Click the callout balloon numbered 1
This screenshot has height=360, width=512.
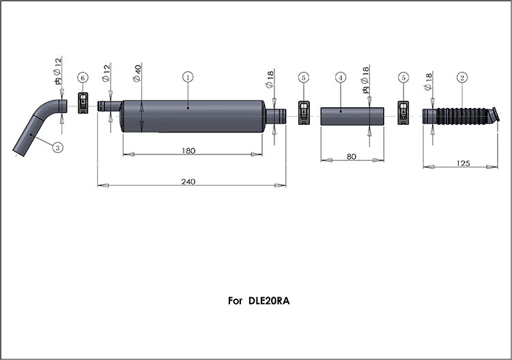[188, 77]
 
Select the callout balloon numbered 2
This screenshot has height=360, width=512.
[461, 78]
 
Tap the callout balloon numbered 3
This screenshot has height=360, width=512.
[58, 148]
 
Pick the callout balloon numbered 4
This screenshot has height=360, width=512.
[341, 78]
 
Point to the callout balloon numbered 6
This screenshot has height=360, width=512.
[83, 78]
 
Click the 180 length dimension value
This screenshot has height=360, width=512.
[188, 150]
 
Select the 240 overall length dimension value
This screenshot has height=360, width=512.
[188, 181]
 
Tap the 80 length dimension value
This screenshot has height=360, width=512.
[351, 156]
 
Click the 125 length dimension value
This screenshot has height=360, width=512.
[463, 163]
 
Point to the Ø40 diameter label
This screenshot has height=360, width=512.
[137, 73]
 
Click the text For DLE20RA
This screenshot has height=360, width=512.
[259, 301]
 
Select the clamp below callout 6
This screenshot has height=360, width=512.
[83, 103]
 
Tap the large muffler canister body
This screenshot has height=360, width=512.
[193, 116]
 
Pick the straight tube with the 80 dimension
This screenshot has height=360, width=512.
[352, 116]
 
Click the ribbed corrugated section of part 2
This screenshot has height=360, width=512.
[464, 116]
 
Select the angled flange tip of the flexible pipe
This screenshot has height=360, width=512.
[495, 114]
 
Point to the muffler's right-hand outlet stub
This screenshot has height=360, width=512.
[276, 116]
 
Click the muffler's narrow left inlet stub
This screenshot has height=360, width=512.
[110, 106]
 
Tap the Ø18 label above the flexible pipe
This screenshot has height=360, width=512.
[428, 82]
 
